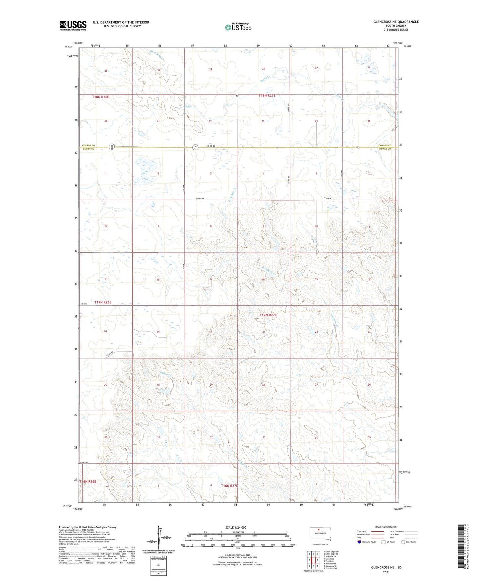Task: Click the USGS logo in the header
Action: pos(73,26)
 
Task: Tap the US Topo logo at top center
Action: pos(238,27)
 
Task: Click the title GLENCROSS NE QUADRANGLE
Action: pos(396,22)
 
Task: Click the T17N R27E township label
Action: pos(268,315)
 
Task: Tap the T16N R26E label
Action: pos(88,482)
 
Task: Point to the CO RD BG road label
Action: pos(84,462)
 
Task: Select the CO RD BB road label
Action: pos(200,199)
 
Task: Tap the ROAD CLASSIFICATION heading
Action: pos(386,527)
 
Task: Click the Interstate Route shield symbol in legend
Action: pos(359,542)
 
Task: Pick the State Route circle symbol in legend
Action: pos(403,542)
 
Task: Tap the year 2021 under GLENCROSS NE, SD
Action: pos(386,572)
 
